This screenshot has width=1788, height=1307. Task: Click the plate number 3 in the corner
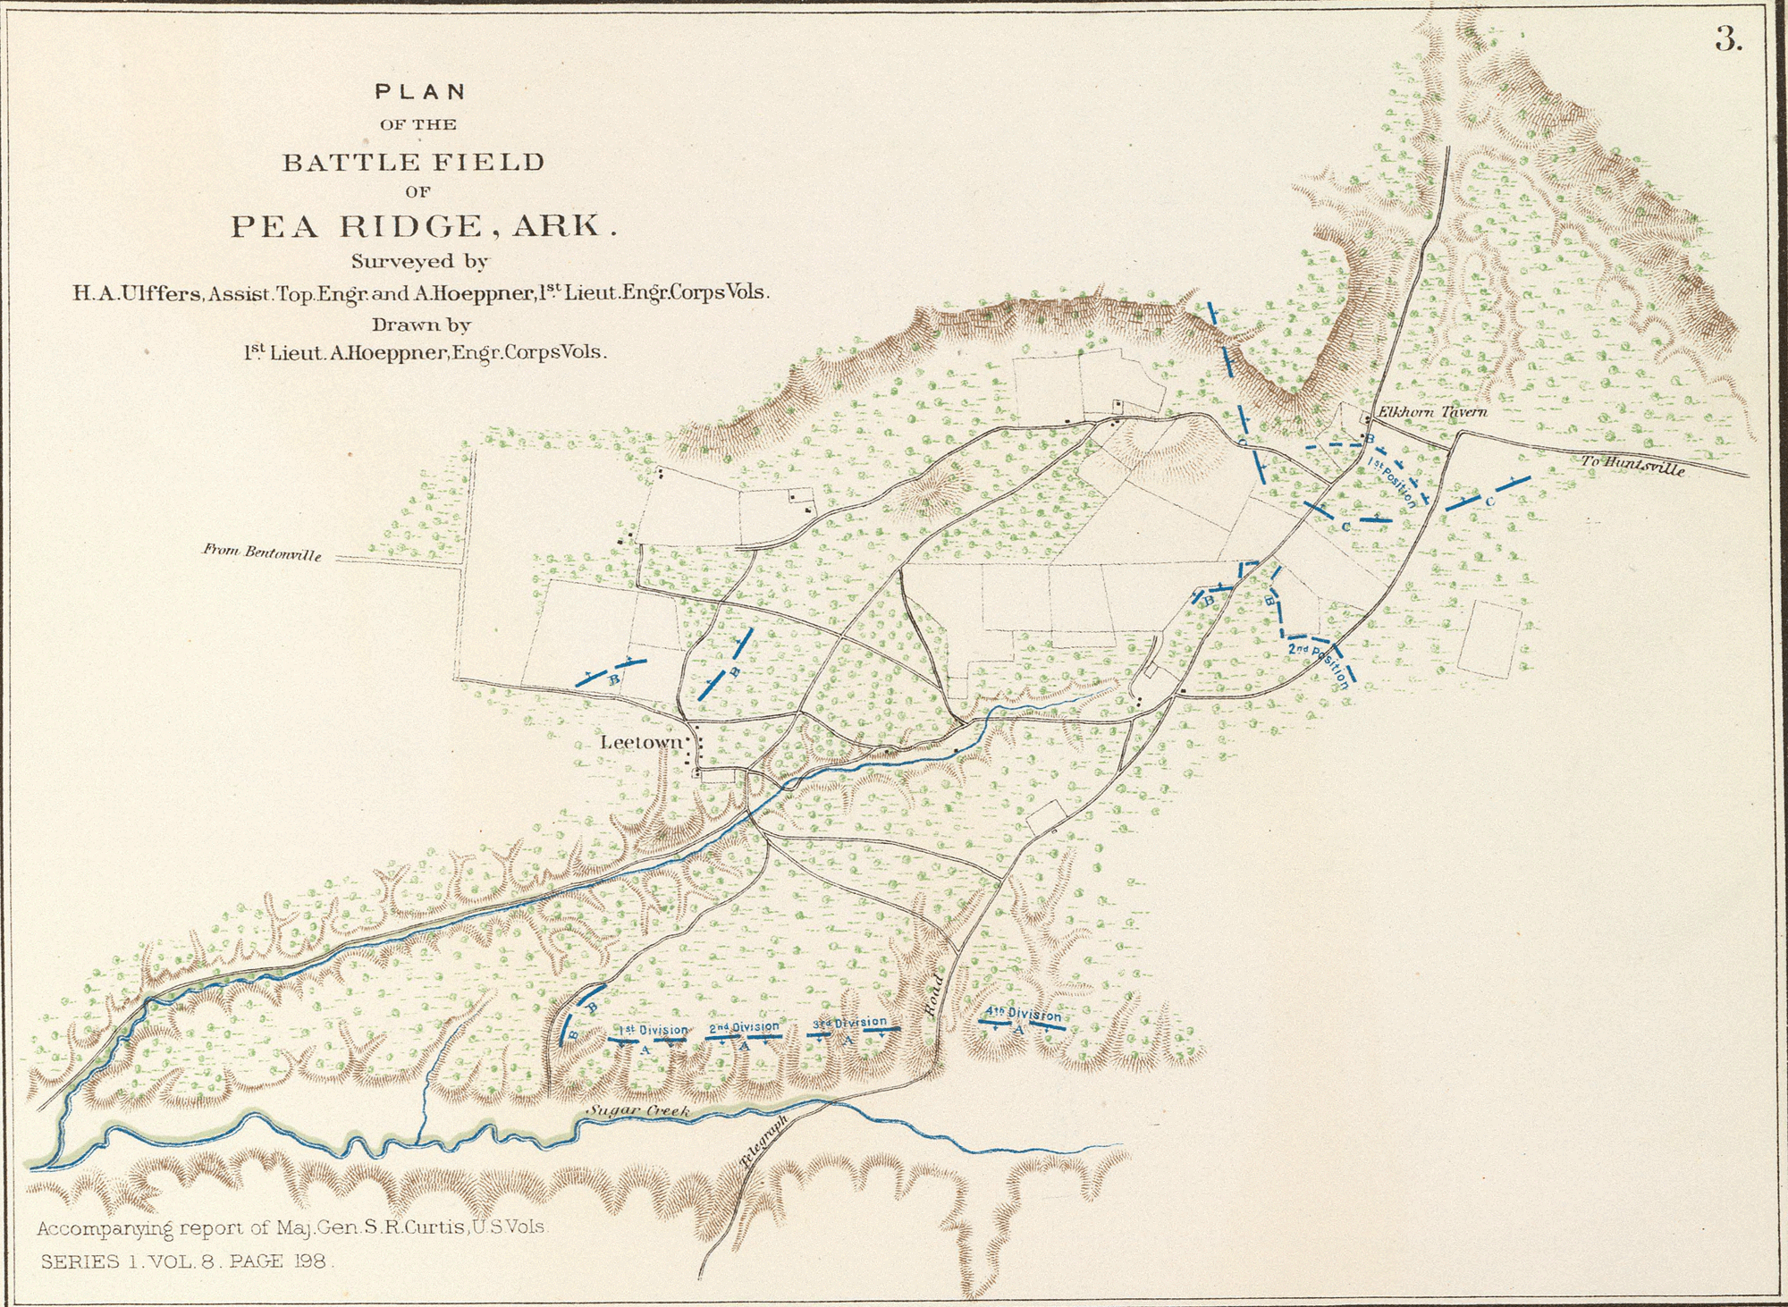point(1728,40)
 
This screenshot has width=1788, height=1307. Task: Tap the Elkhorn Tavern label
point(1432,412)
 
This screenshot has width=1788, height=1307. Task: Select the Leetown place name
point(641,742)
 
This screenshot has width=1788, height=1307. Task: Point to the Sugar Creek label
point(638,1111)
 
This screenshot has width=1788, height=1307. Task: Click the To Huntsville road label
point(1632,465)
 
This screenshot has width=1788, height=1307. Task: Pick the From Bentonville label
point(261,552)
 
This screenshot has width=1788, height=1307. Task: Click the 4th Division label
point(1023,1015)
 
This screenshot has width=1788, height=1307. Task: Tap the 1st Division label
point(654,1030)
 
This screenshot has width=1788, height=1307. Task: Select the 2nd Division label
point(744,1027)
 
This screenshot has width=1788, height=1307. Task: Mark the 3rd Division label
point(849,1022)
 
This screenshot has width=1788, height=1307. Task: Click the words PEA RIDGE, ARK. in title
point(424,226)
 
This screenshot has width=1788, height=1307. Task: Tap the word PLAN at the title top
point(420,91)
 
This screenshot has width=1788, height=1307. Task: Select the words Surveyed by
point(419,262)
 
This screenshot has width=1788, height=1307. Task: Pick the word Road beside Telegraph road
point(932,995)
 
